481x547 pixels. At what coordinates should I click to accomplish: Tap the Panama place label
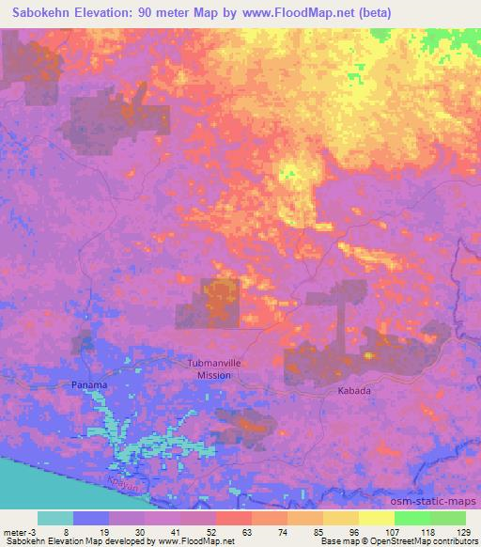pyautogui.click(x=90, y=385)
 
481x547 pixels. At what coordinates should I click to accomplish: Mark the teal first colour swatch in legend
pyautogui.click(x=55, y=518)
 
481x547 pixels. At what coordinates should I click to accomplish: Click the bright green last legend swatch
pyautogui.click(x=447, y=518)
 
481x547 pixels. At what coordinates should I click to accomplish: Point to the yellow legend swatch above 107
pyautogui.click(x=376, y=518)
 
